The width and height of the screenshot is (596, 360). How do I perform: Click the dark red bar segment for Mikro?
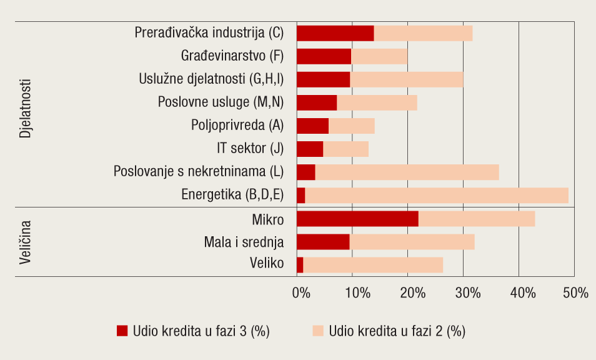pos(357,219)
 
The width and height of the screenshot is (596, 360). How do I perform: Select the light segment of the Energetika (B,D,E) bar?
pos(436,196)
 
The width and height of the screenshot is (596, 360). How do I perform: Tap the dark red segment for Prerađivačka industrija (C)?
pos(335,33)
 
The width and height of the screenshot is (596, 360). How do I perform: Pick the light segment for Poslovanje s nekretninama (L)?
pos(407,172)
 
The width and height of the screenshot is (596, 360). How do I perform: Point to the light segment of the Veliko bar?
pos(373,265)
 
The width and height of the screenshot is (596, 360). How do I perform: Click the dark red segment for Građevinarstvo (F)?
pos(324,56)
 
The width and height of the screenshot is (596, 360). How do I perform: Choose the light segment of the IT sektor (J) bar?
pos(345,149)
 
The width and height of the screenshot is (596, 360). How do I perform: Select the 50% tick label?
pos(576,293)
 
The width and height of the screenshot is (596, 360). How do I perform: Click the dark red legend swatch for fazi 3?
pos(122,331)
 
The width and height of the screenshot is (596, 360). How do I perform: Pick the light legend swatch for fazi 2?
pos(318,331)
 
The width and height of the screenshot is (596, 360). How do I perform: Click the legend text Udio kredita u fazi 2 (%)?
pos(397,331)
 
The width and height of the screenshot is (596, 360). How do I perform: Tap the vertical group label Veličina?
pos(26,242)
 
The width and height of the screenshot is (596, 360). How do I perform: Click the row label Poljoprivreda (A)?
pos(237,125)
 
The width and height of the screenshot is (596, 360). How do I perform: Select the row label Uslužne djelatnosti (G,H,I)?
pos(211,79)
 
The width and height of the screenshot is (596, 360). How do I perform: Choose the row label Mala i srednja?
pos(244,242)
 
